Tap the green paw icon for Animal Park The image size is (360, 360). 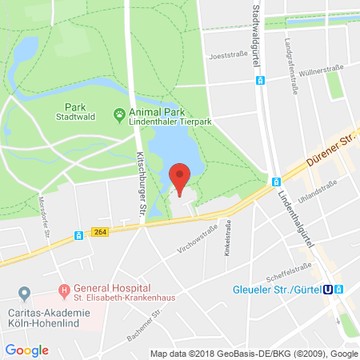pyautogui.click(x=118, y=114)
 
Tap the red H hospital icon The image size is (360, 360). pyautogui.click(x=63, y=290)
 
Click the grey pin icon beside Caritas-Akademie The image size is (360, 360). pyautogui.click(x=25, y=294)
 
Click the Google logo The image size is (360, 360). pyautogui.click(x=27, y=350)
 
